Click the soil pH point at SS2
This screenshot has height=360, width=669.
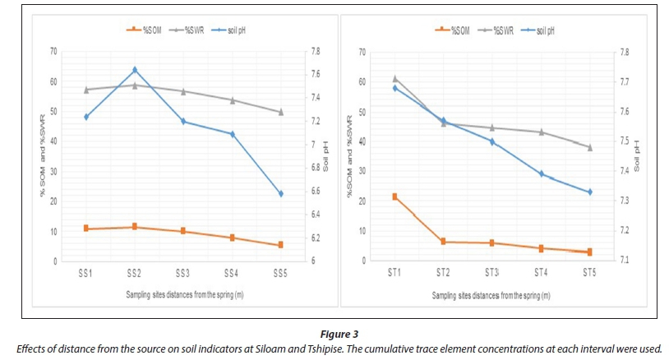coord(135,70)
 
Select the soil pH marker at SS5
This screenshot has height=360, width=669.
coord(280,194)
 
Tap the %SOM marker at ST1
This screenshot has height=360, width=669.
coord(394,196)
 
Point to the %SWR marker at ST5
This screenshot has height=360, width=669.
coord(589,147)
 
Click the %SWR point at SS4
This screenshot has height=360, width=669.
coord(232,100)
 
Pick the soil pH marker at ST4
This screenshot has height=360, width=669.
coord(541,173)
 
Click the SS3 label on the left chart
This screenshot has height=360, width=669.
coord(182,272)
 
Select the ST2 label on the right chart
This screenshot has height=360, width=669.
coord(443,272)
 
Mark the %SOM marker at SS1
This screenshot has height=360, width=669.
coord(86,228)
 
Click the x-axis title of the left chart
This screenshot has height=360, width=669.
coord(184,293)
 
